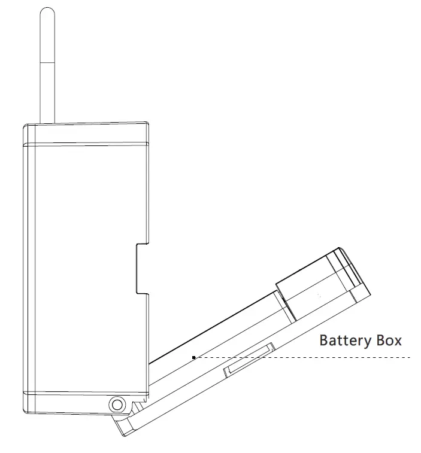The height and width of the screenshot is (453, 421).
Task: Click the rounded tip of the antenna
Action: pyautogui.click(x=47, y=13)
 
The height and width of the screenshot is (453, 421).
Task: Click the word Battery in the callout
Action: pyautogui.click(x=344, y=341)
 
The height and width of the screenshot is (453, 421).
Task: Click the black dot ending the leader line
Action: pyautogui.click(x=193, y=357)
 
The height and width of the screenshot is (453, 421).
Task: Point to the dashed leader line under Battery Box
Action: pyautogui.click(x=299, y=357)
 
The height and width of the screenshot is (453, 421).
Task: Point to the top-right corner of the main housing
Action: pyautogui.click(x=148, y=123)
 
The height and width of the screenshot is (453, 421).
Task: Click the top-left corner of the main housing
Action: pyautogui.click(x=25, y=126)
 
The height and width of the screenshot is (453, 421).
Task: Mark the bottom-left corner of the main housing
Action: pyautogui.click(x=26, y=411)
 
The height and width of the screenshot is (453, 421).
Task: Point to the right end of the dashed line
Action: pyautogui.click(x=410, y=357)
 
